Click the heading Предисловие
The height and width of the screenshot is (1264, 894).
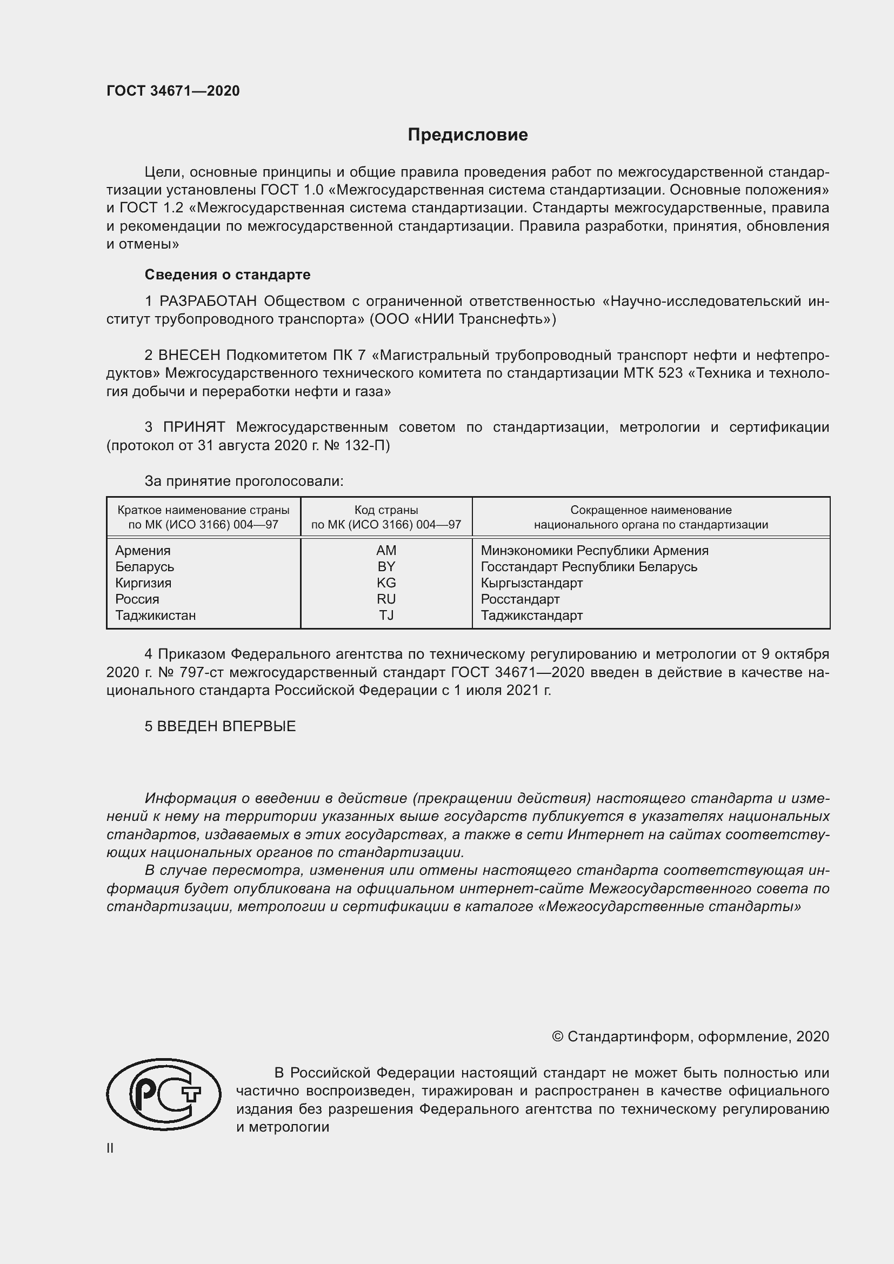tap(468, 135)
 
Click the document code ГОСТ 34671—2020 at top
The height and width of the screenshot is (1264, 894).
tap(173, 91)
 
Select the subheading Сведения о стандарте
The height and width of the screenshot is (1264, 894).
tap(228, 274)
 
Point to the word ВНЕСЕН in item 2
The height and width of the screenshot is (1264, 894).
tap(189, 355)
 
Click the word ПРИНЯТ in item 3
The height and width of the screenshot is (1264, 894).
tap(194, 427)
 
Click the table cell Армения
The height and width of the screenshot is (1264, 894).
tap(143, 551)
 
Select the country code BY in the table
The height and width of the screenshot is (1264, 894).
tap(386, 566)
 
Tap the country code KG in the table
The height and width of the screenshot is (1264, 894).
tap(386, 583)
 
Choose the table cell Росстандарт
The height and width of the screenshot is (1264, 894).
tap(519, 599)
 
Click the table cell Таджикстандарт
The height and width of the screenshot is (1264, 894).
tap(531, 616)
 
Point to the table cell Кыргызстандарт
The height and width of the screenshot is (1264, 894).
tap(531, 583)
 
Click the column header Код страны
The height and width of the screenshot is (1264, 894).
tap(386, 510)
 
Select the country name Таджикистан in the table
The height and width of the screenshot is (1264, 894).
tap(155, 616)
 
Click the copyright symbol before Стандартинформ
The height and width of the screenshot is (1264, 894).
tap(557, 1036)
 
